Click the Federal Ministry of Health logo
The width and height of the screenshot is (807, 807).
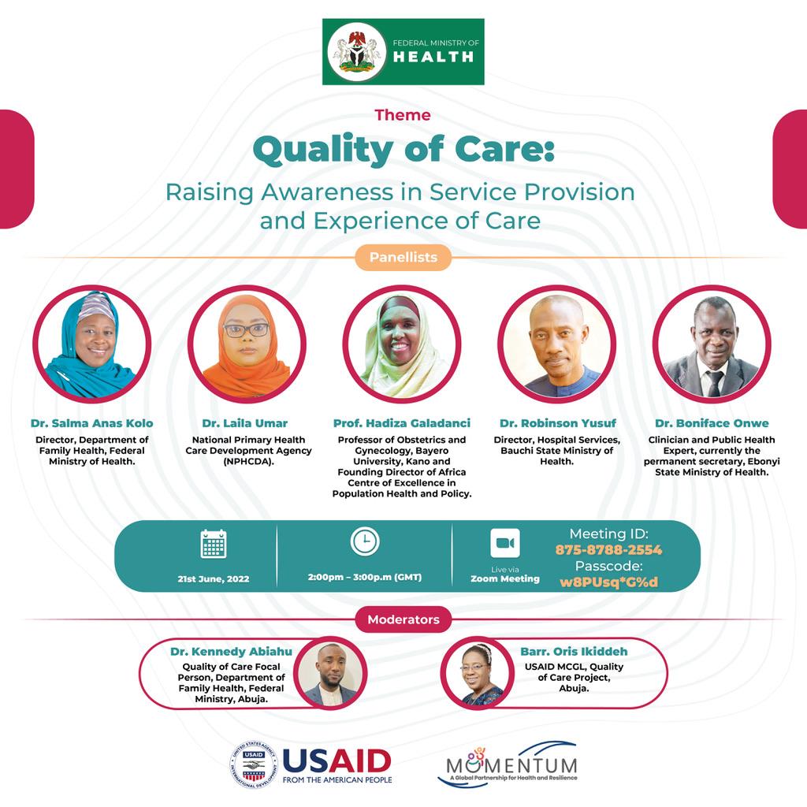click(x=403, y=51)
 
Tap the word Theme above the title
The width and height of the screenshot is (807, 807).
click(x=403, y=115)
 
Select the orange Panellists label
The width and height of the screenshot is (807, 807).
click(x=403, y=258)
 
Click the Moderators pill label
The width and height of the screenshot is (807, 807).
click(x=403, y=619)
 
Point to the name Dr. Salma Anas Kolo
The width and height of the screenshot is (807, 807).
click(x=91, y=423)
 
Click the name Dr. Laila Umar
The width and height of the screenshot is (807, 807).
click(x=245, y=423)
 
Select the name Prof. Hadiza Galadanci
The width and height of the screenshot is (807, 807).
click(x=402, y=423)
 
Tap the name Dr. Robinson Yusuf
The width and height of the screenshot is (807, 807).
click(x=558, y=423)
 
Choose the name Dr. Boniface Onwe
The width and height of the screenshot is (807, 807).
click(x=712, y=423)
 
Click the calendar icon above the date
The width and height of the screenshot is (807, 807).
click(x=213, y=544)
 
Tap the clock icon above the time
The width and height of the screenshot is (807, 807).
click(x=365, y=541)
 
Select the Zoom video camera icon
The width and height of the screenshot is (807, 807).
click(x=505, y=543)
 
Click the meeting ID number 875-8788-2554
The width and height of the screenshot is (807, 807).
click(x=609, y=549)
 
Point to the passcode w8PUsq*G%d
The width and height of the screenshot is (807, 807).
click(x=609, y=582)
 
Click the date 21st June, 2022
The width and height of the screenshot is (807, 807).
click(x=213, y=578)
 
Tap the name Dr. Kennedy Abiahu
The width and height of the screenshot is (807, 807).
click(x=231, y=652)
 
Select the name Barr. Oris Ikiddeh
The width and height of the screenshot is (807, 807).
click(x=574, y=652)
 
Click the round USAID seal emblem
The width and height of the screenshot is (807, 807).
click(x=253, y=764)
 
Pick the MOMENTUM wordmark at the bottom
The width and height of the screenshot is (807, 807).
click(x=511, y=764)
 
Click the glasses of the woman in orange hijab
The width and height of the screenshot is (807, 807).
click(x=247, y=330)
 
